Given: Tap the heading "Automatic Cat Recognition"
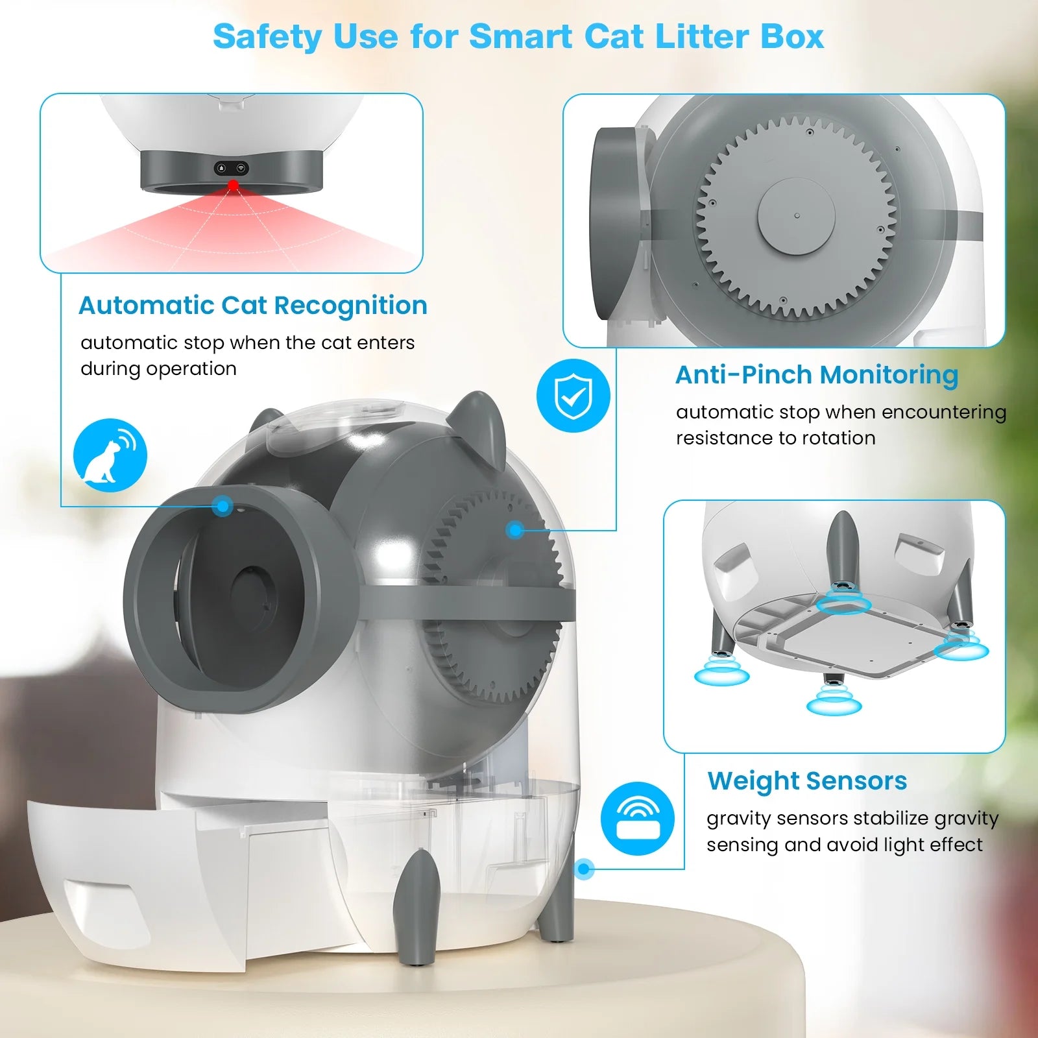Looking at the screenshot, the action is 253,305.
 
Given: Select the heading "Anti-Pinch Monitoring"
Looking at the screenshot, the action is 817,374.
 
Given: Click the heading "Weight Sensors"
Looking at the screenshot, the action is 807,781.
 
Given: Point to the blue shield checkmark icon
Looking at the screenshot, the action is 573,396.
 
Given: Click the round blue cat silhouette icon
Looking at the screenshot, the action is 110,455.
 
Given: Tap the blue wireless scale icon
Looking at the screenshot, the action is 638,819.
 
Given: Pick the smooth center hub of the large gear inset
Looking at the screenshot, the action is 797,215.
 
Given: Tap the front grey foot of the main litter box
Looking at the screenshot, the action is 417,908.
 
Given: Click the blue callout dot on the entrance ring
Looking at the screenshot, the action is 223,506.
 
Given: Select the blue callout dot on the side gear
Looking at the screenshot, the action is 516,531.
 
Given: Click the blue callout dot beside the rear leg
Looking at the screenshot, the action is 585,869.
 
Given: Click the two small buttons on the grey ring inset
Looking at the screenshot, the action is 232,168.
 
